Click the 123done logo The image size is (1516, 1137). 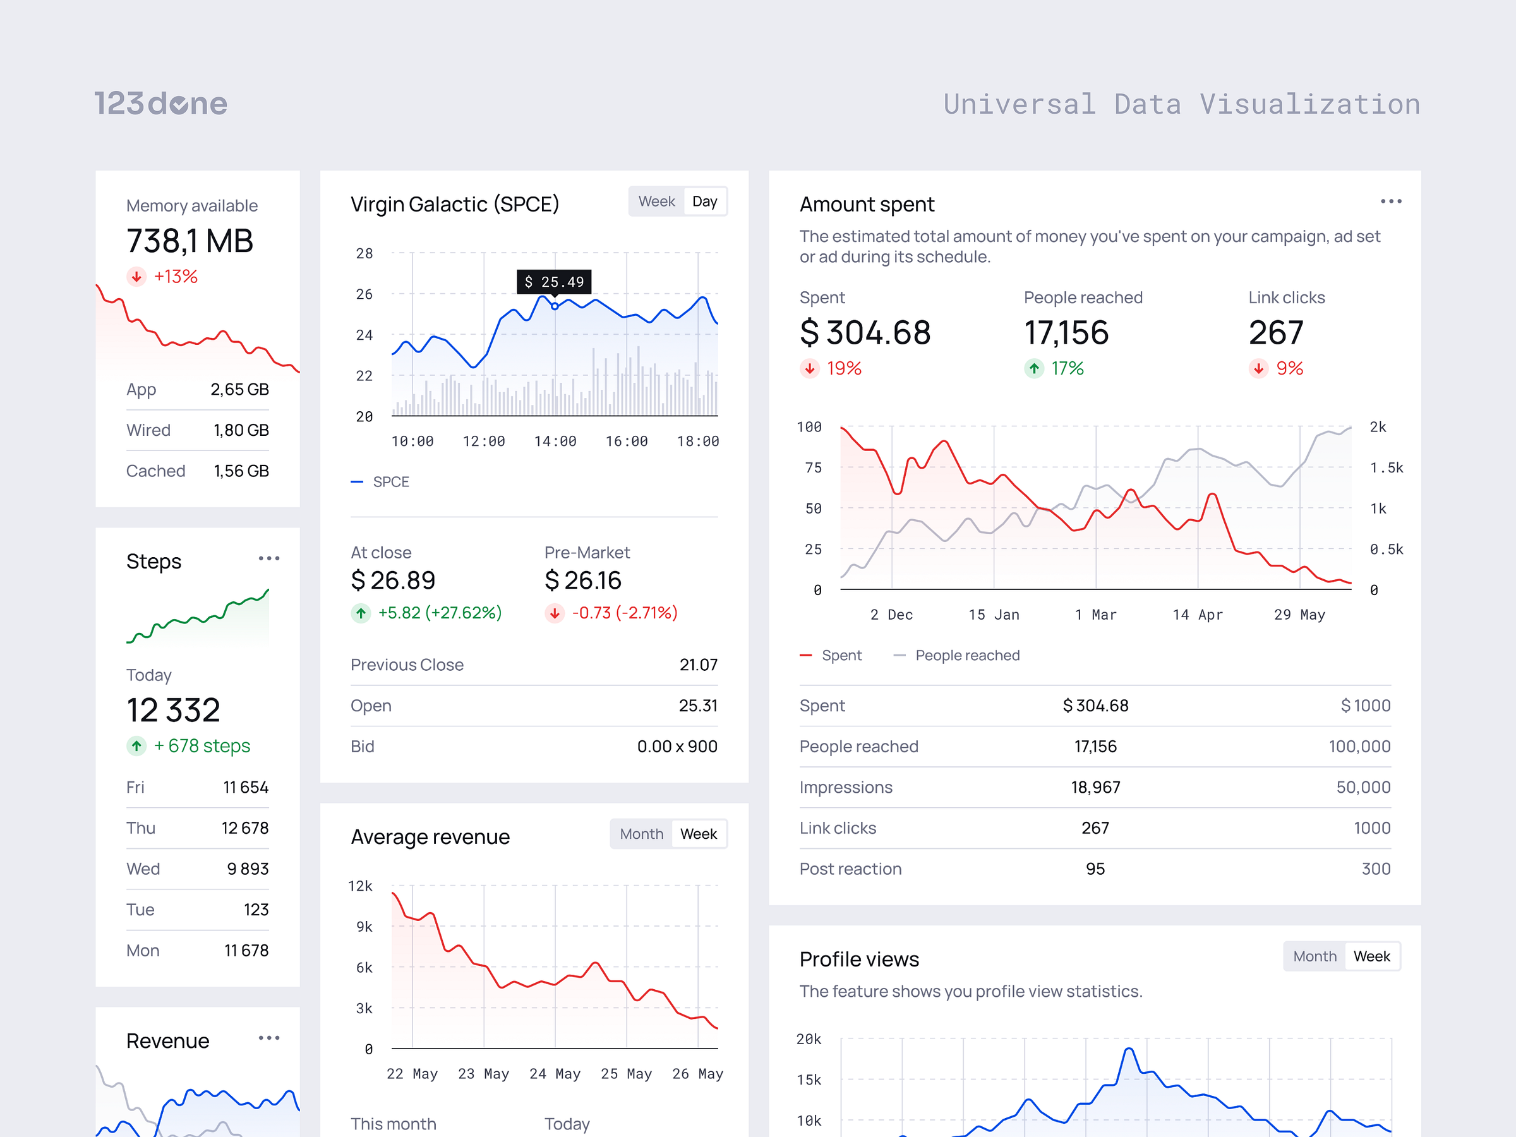point(160,104)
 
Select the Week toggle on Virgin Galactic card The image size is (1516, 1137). point(656,202)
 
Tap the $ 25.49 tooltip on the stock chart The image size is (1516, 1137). point(554,282)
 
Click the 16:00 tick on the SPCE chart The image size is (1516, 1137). point(626,442)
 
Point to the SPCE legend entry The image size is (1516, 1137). point(390,482)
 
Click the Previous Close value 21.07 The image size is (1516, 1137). point(698,665)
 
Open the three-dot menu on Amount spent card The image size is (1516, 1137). point(1390,202)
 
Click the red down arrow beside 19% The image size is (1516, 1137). point(809,369)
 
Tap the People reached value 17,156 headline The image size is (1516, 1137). point(1066,333)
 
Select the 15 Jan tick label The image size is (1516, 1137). point(993,615)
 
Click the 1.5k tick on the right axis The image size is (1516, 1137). point(1386,468)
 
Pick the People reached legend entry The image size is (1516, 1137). point(966,655)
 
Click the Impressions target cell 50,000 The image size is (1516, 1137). point(1363,787)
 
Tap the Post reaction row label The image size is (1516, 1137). point(850,869)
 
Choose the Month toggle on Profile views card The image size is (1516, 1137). point(1314,956)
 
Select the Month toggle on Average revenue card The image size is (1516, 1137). point(641,834)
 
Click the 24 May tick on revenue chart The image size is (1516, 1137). point(555,1074)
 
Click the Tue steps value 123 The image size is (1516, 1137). point(256,910)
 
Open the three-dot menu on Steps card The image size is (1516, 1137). point(268,558)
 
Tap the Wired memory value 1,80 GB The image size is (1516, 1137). point(241,430)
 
